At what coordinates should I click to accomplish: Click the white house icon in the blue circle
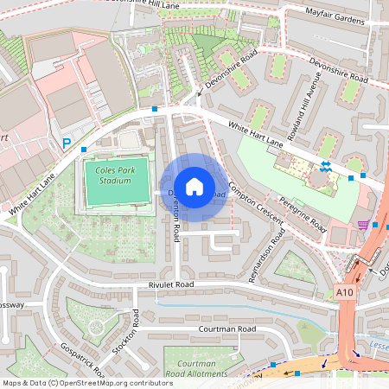(194, 186)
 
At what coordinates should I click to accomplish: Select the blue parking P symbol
(67, 144)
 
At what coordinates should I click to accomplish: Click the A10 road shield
(345, 293)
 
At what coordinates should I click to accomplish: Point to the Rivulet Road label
(172, 284)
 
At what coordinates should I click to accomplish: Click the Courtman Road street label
(226, 329)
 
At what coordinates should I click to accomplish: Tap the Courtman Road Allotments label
(196, 369)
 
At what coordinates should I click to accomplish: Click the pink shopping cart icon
(363, 225)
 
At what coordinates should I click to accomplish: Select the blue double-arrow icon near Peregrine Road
(325, 165)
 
